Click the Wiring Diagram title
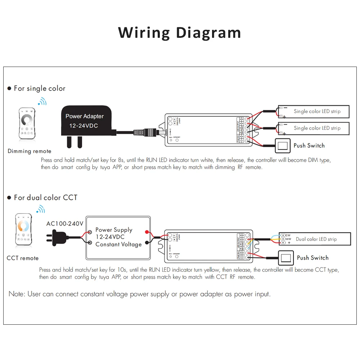(x=180, y=32)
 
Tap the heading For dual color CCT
(x=45, y=198)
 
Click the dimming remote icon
(x=27, y=123)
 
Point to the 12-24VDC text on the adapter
(x=84, y=126)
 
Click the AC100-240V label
(x=65, y=224)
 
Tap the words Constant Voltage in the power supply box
(x=118, y=244)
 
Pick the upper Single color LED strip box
(x=314, y=112)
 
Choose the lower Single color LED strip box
(x=314, y=128)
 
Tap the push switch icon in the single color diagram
(x=282, y=145)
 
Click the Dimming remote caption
(x=30, y=151)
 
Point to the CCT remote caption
(x=22, y=258)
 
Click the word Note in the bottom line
(x=16, y=294)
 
